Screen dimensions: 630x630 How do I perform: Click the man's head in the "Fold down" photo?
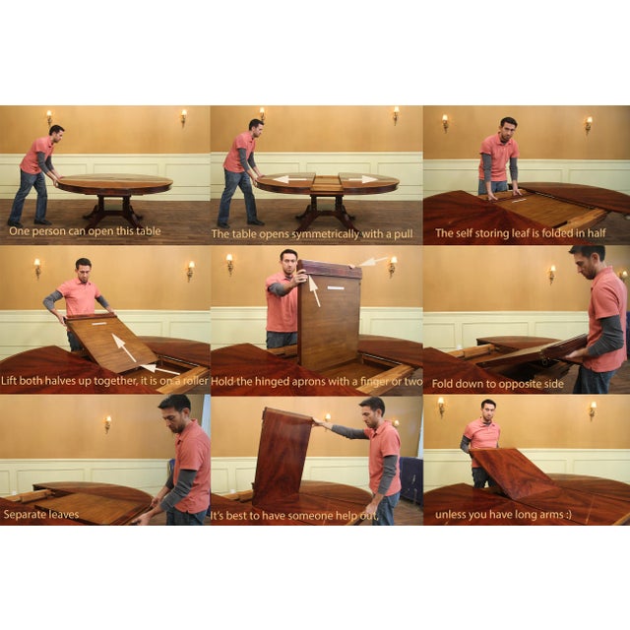[x=589, y=260]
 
